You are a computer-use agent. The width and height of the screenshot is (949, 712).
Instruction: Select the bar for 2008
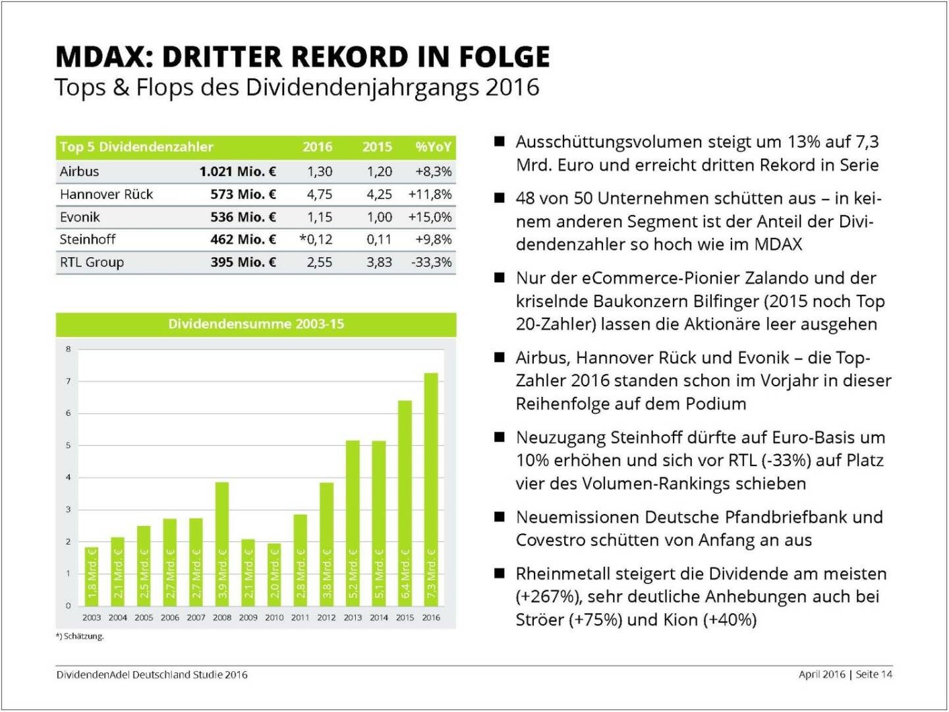(222, 544)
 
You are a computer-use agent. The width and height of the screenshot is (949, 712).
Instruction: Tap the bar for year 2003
(92, 576)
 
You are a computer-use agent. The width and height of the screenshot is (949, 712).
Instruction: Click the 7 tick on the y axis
(68, 381)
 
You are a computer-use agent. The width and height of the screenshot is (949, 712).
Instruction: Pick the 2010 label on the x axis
(274, 618)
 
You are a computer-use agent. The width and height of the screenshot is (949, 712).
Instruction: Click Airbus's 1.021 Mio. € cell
(237, 171)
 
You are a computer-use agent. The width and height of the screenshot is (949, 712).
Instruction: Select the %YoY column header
(433, 147)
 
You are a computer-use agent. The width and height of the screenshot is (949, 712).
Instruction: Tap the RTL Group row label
(92, 262)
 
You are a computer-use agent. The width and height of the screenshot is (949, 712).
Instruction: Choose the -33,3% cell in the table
(432, 262)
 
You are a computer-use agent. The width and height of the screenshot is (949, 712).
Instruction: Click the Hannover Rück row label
(106, 194)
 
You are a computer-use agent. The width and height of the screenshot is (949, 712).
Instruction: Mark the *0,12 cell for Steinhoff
(316, 239)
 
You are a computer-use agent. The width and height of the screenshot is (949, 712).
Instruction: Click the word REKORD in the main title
(342, 57)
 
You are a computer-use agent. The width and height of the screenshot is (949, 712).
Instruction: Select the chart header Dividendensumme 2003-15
(256, 324)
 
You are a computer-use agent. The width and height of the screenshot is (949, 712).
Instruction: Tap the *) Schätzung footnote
(80, 636)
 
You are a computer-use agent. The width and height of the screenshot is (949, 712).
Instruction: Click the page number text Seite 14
(874, 674)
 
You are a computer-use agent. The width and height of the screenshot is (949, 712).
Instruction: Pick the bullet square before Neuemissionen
(500, 517)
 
